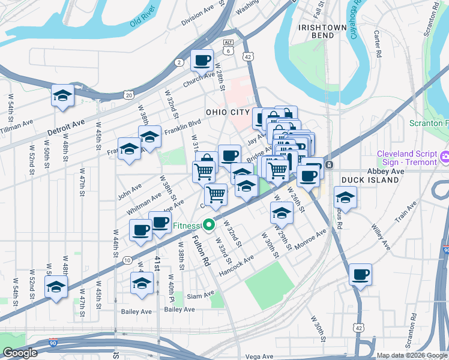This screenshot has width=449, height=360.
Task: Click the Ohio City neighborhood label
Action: click(227, 112)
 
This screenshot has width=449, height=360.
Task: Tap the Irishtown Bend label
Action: click(323, 32)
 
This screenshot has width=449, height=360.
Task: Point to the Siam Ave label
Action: click(200, 295)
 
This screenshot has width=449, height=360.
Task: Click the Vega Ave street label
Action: click(259, 356)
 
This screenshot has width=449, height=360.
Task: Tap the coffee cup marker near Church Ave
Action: click(202, 59)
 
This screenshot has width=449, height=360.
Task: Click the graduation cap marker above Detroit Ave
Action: click(62, 95)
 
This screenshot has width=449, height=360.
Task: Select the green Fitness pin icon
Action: click(209, 226)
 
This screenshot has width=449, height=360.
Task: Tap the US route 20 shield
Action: click(128, 95)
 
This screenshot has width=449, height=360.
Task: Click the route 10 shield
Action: click(127, 260)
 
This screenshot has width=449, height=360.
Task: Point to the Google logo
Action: click(20, 353)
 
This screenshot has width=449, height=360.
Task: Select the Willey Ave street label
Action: click(381, 238)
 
